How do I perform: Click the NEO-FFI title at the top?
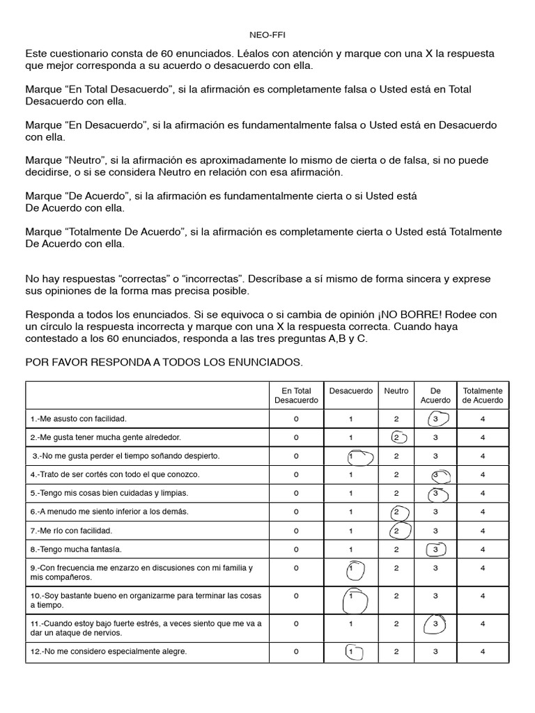point(267,33)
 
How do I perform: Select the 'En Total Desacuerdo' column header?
point(296,395)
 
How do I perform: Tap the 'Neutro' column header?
point(396,391)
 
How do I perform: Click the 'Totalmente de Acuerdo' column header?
point(483,395)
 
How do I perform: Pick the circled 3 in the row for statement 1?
point(435,419)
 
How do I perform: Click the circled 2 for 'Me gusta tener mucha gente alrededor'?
point(397,437)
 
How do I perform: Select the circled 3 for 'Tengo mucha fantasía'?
point(435,549)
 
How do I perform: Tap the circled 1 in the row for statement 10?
point(352,597)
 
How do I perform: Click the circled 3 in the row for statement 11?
point(435,625)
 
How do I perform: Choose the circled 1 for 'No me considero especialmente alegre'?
point(352,652)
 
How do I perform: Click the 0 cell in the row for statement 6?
point(296,512)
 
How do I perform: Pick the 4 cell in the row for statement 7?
point(483,531)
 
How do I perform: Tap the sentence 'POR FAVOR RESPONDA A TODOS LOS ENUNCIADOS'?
point(164,363)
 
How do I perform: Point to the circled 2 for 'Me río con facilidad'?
point(397,531)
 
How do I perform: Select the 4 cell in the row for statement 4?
point(483,474)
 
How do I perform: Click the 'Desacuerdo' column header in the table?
point(352,391)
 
